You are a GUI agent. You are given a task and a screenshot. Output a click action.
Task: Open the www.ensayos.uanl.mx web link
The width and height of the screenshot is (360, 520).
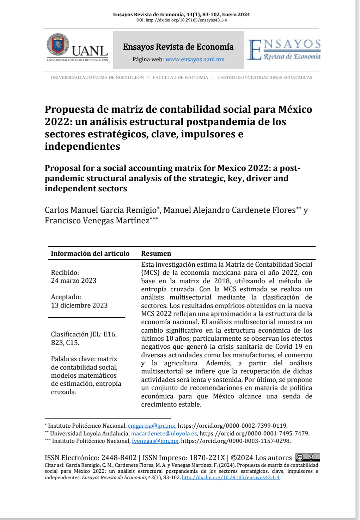point(195,60)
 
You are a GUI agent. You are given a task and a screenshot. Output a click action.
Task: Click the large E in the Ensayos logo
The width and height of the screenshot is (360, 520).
point(254,50)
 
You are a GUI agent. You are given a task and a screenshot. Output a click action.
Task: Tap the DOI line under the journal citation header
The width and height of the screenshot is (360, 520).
point(181,20)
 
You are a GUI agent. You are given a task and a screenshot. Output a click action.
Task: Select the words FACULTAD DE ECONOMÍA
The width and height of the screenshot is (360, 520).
point(181,78)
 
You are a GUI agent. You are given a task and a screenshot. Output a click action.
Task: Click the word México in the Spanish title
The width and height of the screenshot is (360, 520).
point(295,109)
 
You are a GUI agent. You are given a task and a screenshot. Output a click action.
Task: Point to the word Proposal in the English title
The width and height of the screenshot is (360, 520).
point(62,168)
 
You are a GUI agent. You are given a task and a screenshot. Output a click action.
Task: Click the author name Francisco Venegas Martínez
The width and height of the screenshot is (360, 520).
point(97,221)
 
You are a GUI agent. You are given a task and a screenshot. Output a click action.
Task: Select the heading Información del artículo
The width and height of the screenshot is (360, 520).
point(90,254)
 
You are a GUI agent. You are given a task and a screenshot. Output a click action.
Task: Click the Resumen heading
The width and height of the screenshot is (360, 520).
point(156,254)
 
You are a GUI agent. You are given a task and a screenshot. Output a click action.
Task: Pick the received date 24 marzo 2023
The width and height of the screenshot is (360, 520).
point(73,281)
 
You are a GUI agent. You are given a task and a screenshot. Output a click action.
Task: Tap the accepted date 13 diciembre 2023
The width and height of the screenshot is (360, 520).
point(79,305)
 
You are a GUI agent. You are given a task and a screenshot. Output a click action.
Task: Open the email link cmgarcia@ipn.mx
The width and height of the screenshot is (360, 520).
point(151,426)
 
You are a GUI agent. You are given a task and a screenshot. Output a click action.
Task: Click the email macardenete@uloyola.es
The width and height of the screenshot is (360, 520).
point(164,434)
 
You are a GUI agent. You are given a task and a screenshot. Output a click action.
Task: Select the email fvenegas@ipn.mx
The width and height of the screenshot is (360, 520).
point(155,441)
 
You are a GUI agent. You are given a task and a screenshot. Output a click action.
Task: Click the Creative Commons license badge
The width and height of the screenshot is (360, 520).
point(307,458)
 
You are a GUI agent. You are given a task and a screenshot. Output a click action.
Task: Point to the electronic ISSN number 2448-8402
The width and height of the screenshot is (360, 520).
point(119,458)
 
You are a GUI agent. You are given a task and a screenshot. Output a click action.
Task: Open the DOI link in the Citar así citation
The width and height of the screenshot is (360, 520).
point(231,478)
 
